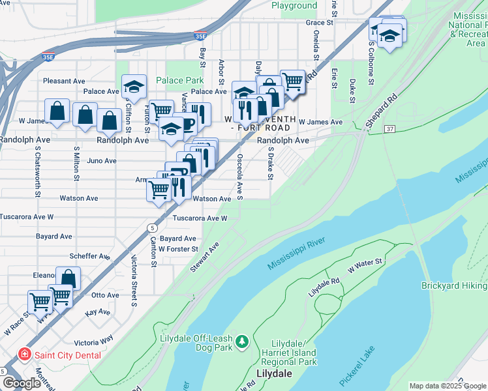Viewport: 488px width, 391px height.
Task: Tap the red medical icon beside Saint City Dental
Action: (25, 354)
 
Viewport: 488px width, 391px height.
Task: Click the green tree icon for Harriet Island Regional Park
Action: (242, 341)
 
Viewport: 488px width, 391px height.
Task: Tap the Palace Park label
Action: (180, 81)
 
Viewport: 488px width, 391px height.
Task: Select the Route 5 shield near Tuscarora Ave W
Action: (152, 227)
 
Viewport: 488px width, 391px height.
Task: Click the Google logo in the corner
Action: (22, 383)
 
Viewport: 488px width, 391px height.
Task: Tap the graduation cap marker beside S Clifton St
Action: (134, 87)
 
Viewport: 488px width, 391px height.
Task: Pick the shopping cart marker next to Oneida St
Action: (293, 81)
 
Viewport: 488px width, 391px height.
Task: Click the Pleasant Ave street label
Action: (64, 81)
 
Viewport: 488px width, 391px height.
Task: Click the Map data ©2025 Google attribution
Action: (448, 386)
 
